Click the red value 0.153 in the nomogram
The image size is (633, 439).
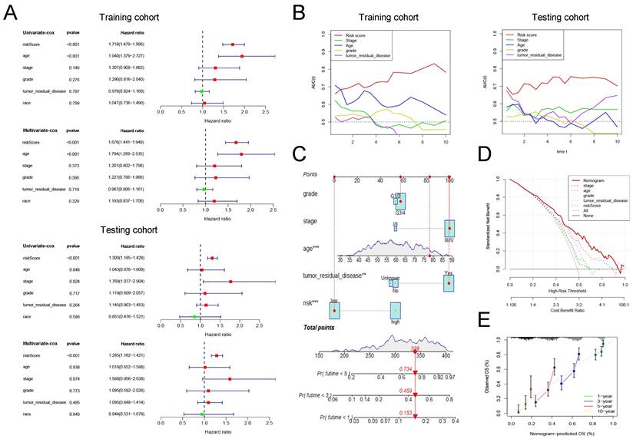click(413, 413)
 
